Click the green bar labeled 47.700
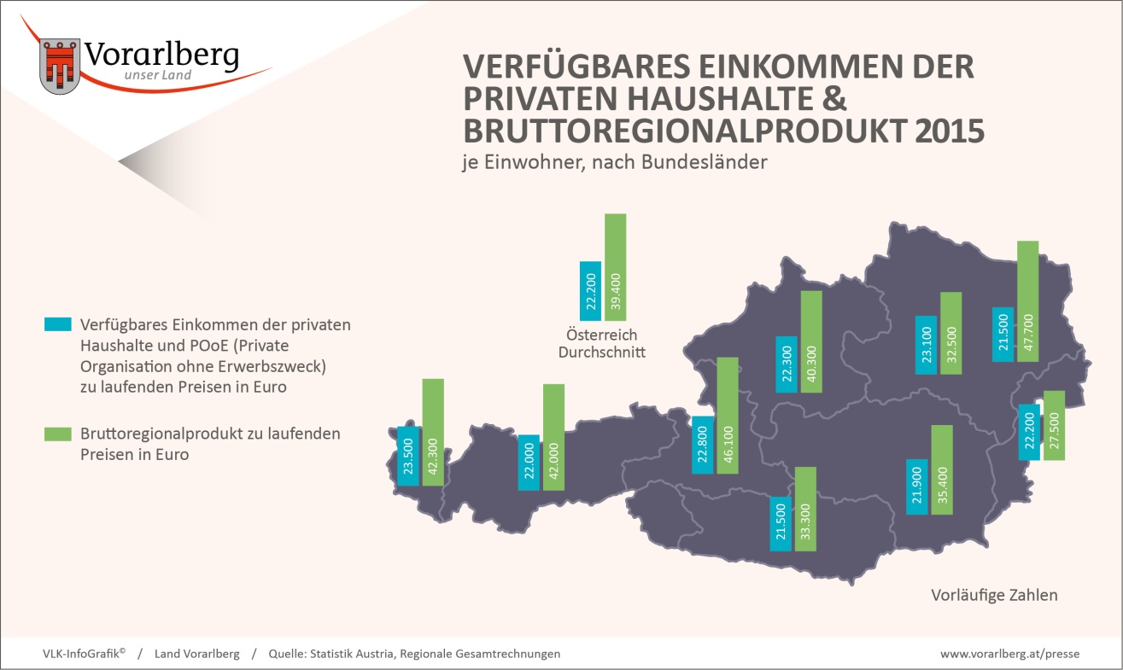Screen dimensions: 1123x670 tap(1027, 301)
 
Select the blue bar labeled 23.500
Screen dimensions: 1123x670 tap(408, 456)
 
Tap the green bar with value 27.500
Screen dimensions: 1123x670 tap(1055, 425)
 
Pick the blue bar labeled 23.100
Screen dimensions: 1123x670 tap(926, 345)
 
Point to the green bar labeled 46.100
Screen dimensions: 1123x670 tap(728, 416)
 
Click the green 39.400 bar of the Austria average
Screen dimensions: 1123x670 tap(616, 267)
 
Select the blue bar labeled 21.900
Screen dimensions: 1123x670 tap(917, 486)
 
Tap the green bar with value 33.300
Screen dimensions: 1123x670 tap(805, 510)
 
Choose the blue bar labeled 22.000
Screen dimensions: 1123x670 tap(529, 463)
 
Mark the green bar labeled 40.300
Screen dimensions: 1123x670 tap(811, 341)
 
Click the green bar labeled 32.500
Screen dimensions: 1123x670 tap(951, 333)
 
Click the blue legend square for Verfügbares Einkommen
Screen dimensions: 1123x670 tap(58, 323)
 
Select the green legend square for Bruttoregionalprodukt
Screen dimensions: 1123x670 tap(58, 434)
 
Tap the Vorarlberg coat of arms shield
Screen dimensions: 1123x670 tap(60, 67)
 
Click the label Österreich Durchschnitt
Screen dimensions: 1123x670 tap(601, 343)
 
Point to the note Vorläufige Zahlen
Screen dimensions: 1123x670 tap(994, 595)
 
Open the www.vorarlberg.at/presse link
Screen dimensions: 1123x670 tap(1009, 654)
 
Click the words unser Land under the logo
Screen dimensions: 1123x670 tap(158, 75)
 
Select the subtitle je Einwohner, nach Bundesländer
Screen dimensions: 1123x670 tap(615, 162)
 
